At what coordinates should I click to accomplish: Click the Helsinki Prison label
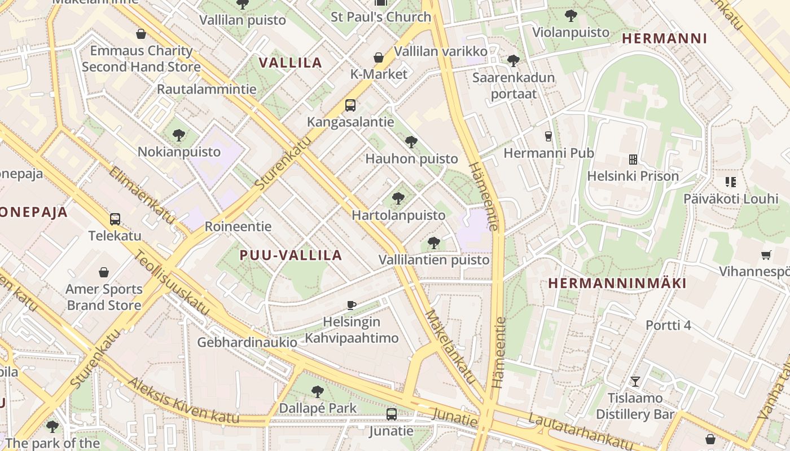633,176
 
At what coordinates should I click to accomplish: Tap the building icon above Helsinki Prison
633,160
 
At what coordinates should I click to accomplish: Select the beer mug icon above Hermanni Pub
547,136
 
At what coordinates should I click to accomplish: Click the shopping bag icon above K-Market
378,58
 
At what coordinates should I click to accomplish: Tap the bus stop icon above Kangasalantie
350,105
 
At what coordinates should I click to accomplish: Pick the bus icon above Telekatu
115,219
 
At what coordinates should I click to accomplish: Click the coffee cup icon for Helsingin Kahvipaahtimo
351,305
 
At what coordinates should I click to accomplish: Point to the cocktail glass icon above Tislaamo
635,382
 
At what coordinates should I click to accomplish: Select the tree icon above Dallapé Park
318,391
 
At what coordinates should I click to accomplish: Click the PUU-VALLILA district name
291,255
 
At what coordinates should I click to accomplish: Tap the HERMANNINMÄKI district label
617,283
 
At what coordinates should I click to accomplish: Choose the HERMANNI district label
664,38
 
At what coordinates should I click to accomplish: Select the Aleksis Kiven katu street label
183,401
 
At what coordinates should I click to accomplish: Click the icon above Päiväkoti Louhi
731,182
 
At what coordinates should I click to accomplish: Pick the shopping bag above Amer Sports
104,273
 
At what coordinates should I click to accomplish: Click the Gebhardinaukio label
247,342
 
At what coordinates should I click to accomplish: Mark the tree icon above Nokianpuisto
179,135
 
